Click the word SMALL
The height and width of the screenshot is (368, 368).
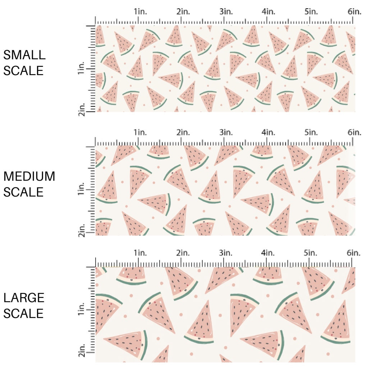(x=24, y=55)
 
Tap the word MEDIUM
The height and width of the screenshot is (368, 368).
(x=29, y=176)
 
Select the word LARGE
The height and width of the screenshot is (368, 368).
(x=24, y=298)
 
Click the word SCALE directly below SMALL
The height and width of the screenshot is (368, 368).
(x=23, y=70)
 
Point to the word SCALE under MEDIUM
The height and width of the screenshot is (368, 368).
(x=23, y=192)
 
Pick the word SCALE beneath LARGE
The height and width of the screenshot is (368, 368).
(x=23, y=313)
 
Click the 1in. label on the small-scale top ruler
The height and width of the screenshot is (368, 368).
(x=141, y=11)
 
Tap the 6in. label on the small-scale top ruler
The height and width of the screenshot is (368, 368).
(x=354, y=11)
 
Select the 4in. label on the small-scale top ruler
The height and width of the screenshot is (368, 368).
(x=268, y=11)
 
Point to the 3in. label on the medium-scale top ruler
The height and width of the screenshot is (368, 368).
(x=226, y=133)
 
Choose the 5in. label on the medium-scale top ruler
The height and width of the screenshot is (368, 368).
(x=311, y=133)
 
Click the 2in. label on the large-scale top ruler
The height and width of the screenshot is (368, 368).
(x=183, y=253)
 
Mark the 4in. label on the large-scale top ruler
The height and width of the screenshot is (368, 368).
(x=268, y=253)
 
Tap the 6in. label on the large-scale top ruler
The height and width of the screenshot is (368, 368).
(x=354, y=253)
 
